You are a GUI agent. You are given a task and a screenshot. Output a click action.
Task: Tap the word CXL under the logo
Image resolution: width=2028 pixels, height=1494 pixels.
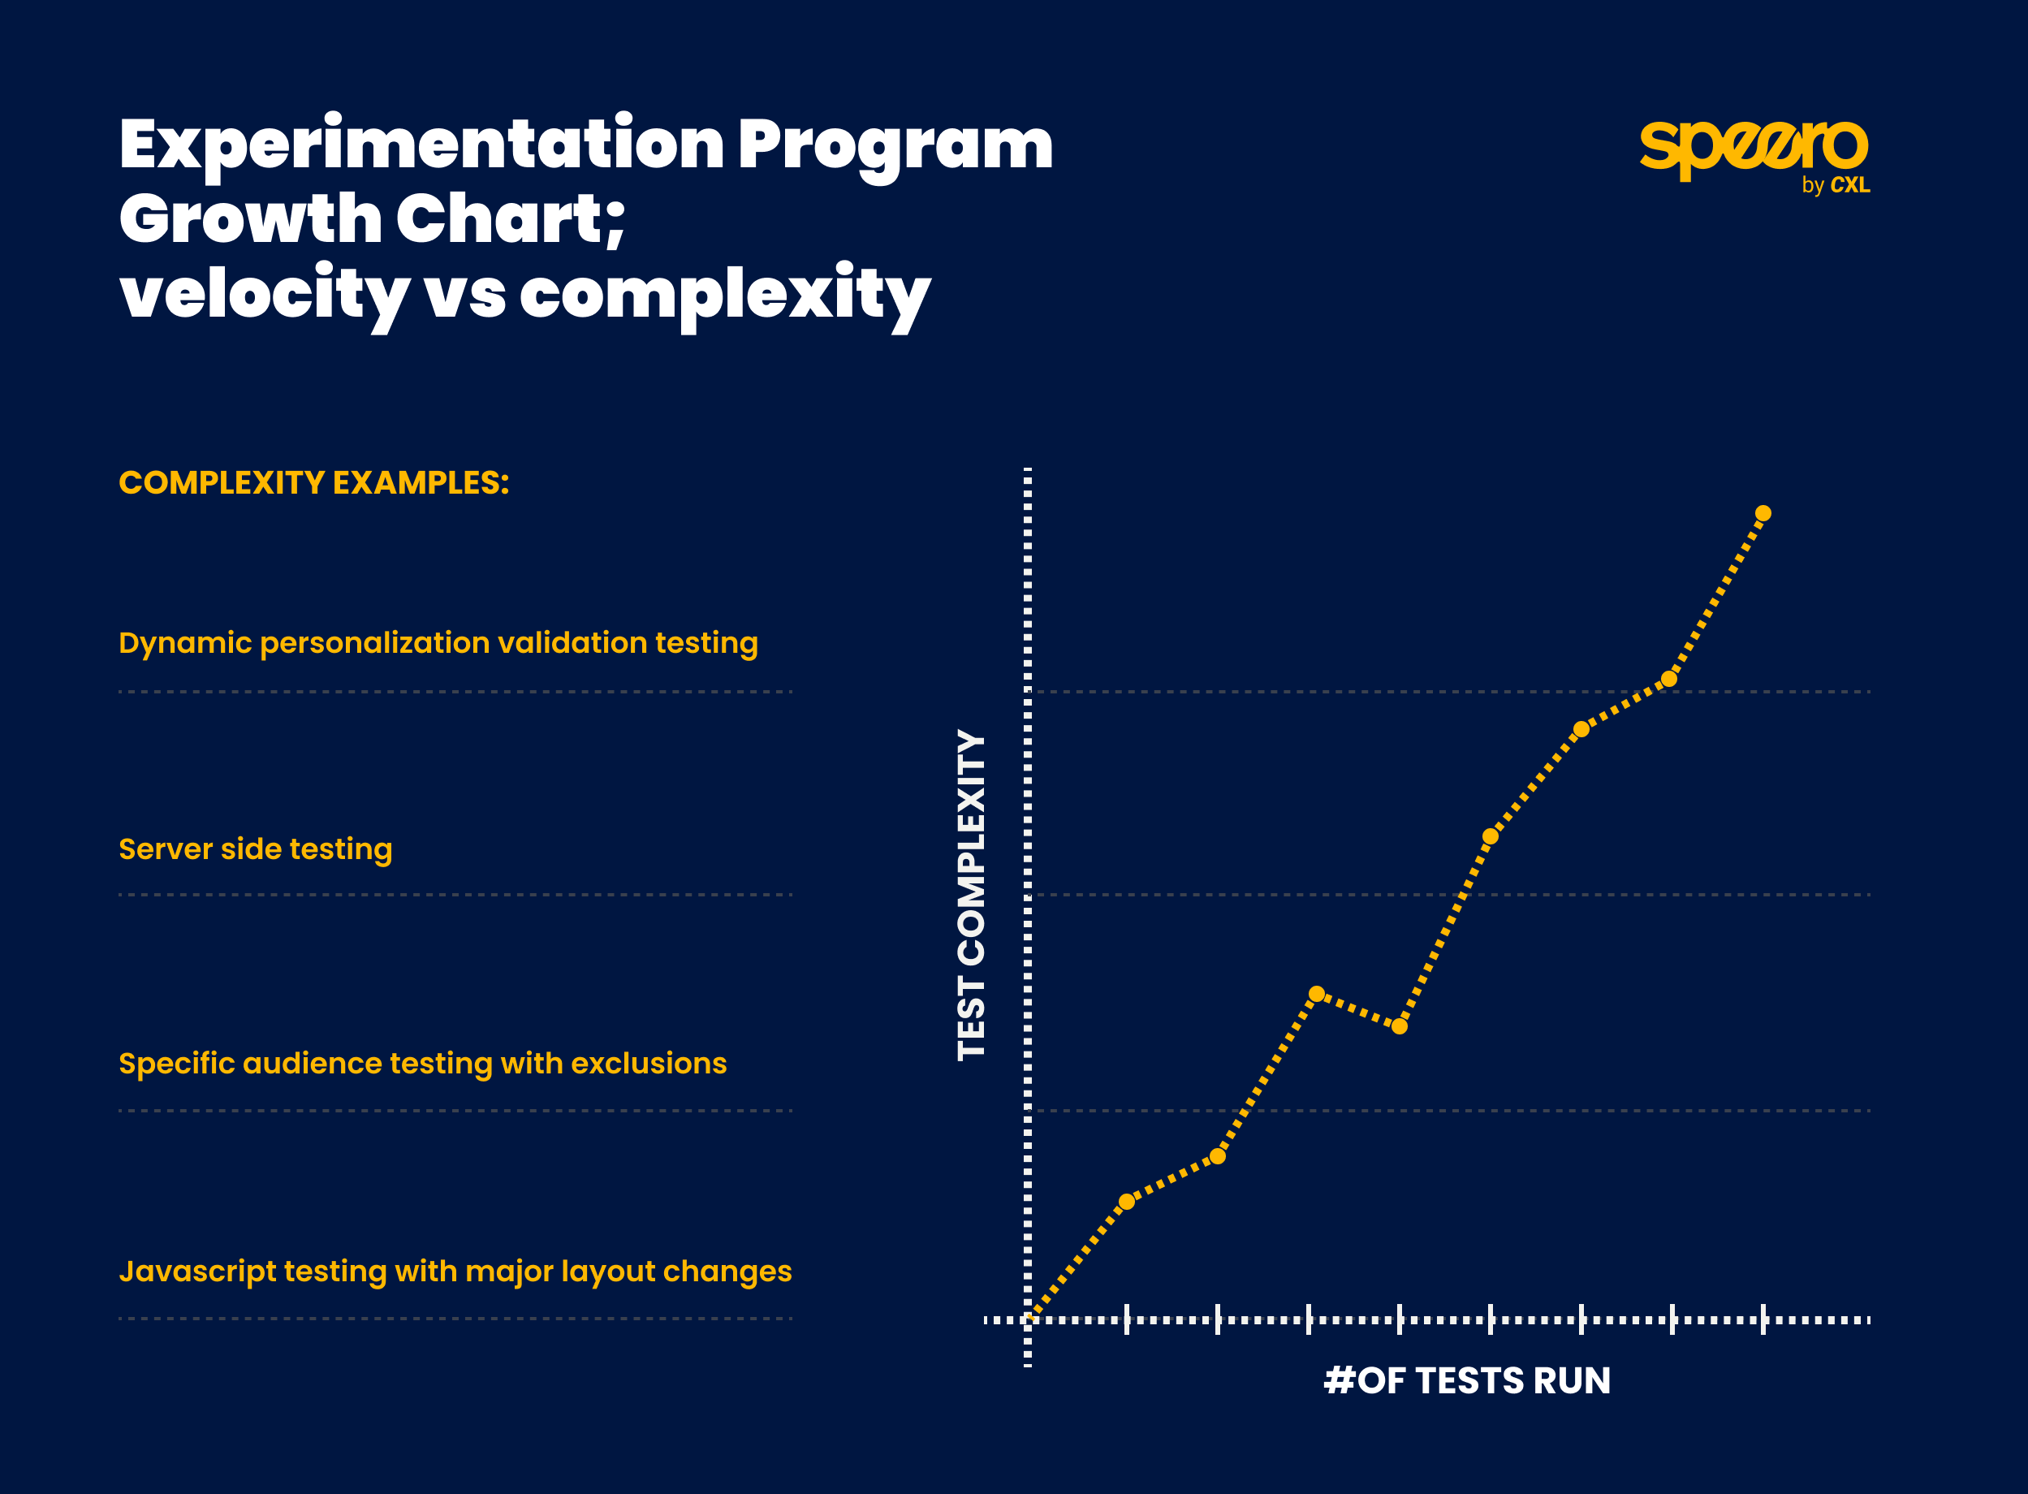coord(1850,185)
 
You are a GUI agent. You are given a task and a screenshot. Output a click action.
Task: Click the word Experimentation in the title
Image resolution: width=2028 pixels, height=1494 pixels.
coord(421,145)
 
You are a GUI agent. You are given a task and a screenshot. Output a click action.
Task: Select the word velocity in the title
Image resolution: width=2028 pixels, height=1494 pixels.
coord(264,295)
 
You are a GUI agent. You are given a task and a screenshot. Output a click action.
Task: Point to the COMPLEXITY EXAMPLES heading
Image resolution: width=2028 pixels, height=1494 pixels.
coord(313,483)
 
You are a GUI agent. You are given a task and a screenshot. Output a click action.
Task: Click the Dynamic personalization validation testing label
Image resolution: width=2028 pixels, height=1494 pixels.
coord(438,643)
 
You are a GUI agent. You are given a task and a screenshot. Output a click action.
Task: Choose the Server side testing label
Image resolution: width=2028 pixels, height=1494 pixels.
coord(255,849)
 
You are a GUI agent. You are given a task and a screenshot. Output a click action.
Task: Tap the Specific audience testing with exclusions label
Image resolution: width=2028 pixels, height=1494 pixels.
coord(422,1064)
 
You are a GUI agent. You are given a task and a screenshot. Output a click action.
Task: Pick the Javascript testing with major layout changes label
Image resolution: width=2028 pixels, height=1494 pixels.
coord(455,1272)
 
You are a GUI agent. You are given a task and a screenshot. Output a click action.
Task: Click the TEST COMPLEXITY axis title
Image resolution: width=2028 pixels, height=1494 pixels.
coord(971,895)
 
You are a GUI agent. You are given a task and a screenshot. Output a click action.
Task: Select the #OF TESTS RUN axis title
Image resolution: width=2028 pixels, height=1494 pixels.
coord(1466,1381)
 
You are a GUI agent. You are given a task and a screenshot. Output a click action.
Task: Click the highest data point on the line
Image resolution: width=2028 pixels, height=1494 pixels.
coord(1763,514)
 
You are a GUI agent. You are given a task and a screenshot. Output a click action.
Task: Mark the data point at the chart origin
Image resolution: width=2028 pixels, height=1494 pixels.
coord(1028,1319)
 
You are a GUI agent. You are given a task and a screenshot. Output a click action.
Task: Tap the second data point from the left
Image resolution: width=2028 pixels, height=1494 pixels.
coord(1127,1202)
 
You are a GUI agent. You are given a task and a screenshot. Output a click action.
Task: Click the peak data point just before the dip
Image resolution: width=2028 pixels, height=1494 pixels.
coord(1317,994)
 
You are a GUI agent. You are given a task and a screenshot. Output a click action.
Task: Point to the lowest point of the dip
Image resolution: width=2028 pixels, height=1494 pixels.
coord(1400,1026)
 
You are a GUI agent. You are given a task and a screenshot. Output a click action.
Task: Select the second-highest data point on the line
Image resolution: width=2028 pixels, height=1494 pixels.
coord(1669,679)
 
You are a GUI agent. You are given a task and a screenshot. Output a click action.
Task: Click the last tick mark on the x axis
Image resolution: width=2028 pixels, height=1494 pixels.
coord(1763,1319)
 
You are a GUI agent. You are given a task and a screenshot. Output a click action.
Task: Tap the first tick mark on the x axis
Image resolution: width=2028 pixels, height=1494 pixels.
coord(1127,1319)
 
